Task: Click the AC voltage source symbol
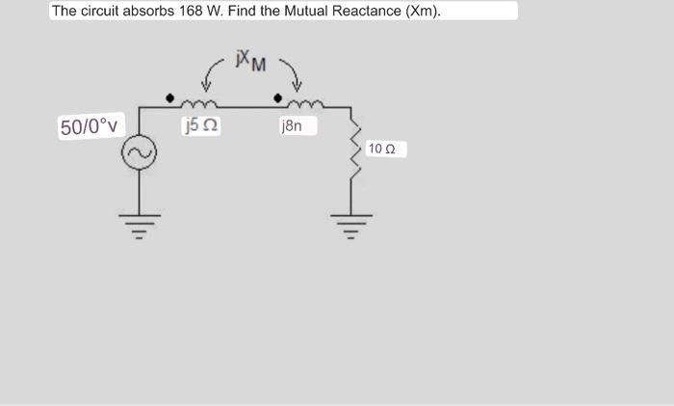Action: click(138, 153)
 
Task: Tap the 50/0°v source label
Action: click(89, 127)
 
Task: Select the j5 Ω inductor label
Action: click(198, 123)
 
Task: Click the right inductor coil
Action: click(310, 100)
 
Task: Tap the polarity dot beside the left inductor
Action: click(171, 97)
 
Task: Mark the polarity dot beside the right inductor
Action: click(279, 97)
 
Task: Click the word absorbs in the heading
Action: click(146, 12)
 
